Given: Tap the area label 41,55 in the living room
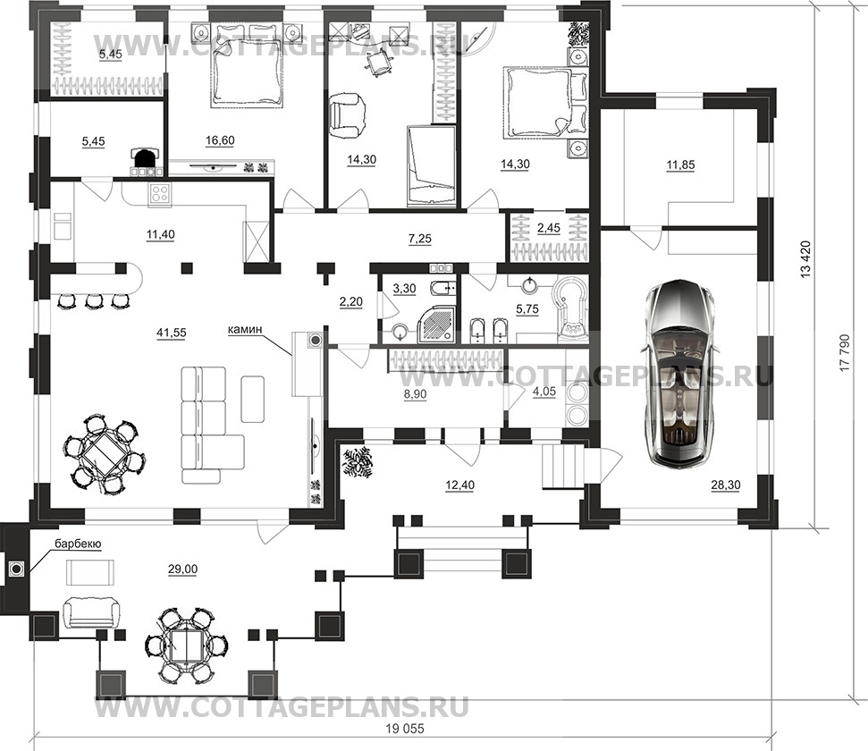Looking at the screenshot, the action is click(x=172, y=333).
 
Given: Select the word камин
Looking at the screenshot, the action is click(x=244, y=330).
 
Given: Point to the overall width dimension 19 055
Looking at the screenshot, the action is click(x=403, y=730).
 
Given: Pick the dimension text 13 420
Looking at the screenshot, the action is click(x=805, y=258).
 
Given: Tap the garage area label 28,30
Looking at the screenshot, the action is click(x=726, y=485).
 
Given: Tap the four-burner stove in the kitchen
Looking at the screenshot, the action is click(x=160, y=193).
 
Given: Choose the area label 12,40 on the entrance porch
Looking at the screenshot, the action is click(x=459, y=485).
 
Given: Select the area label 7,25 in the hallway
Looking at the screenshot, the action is click(x=419, y=239).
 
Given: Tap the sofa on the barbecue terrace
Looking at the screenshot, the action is click(x=89, y=612).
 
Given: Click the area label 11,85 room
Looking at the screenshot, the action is click(x=680, y=165).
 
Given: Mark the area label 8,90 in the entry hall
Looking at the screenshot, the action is click(x=415, y=395).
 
